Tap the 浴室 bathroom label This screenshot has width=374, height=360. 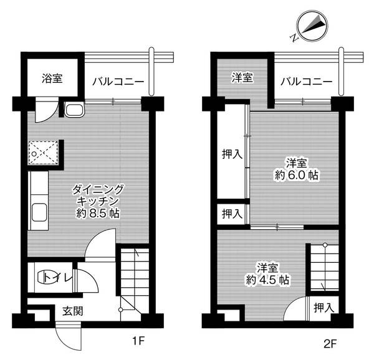point(52,79)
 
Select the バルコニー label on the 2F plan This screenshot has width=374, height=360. point(305,82)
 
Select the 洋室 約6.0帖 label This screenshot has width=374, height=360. point(295,169)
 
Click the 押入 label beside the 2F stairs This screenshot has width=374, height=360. point(323,307)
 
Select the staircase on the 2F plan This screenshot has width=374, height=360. point(324,268)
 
